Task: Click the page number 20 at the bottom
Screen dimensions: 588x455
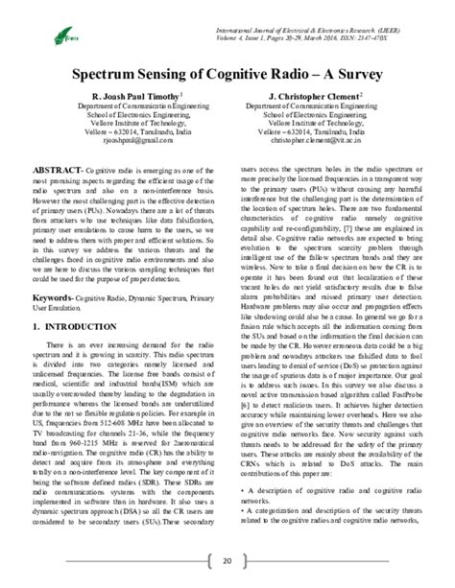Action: [x=227, y=560]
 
